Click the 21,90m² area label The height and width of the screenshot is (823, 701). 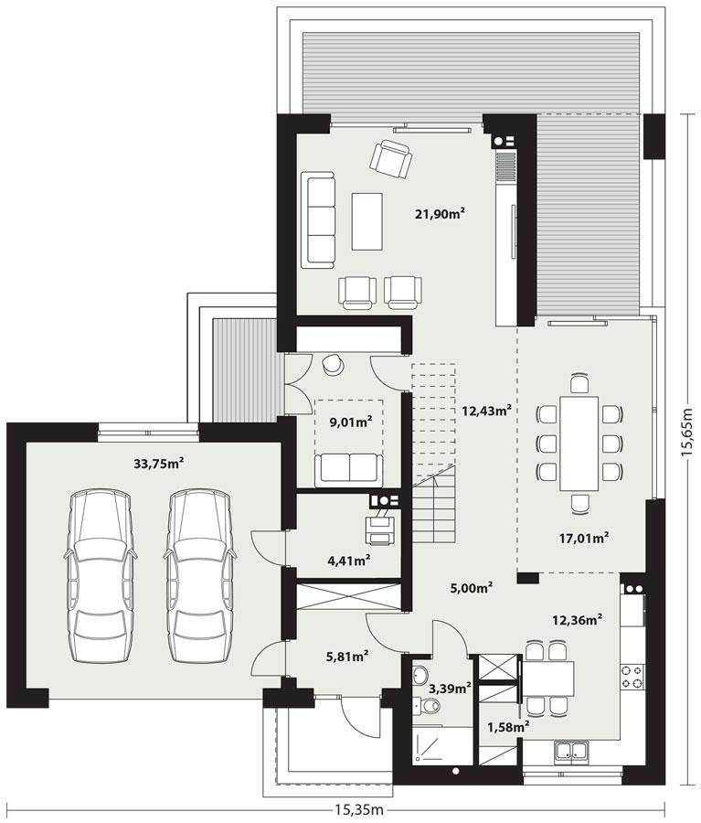441,214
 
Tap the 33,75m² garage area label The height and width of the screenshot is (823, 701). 159,464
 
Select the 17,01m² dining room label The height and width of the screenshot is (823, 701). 584,538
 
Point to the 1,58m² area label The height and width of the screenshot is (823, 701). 508,727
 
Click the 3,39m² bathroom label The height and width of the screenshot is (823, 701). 454,688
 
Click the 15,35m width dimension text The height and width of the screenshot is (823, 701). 358,809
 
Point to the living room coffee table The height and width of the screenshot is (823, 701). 367,220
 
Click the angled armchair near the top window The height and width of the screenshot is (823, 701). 390,159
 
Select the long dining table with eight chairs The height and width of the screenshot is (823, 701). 579,443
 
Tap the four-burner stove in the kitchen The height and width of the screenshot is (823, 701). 632,677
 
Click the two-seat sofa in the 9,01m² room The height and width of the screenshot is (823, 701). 348,469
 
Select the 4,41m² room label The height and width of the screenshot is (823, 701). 348,559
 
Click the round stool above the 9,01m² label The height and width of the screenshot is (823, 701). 334,365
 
